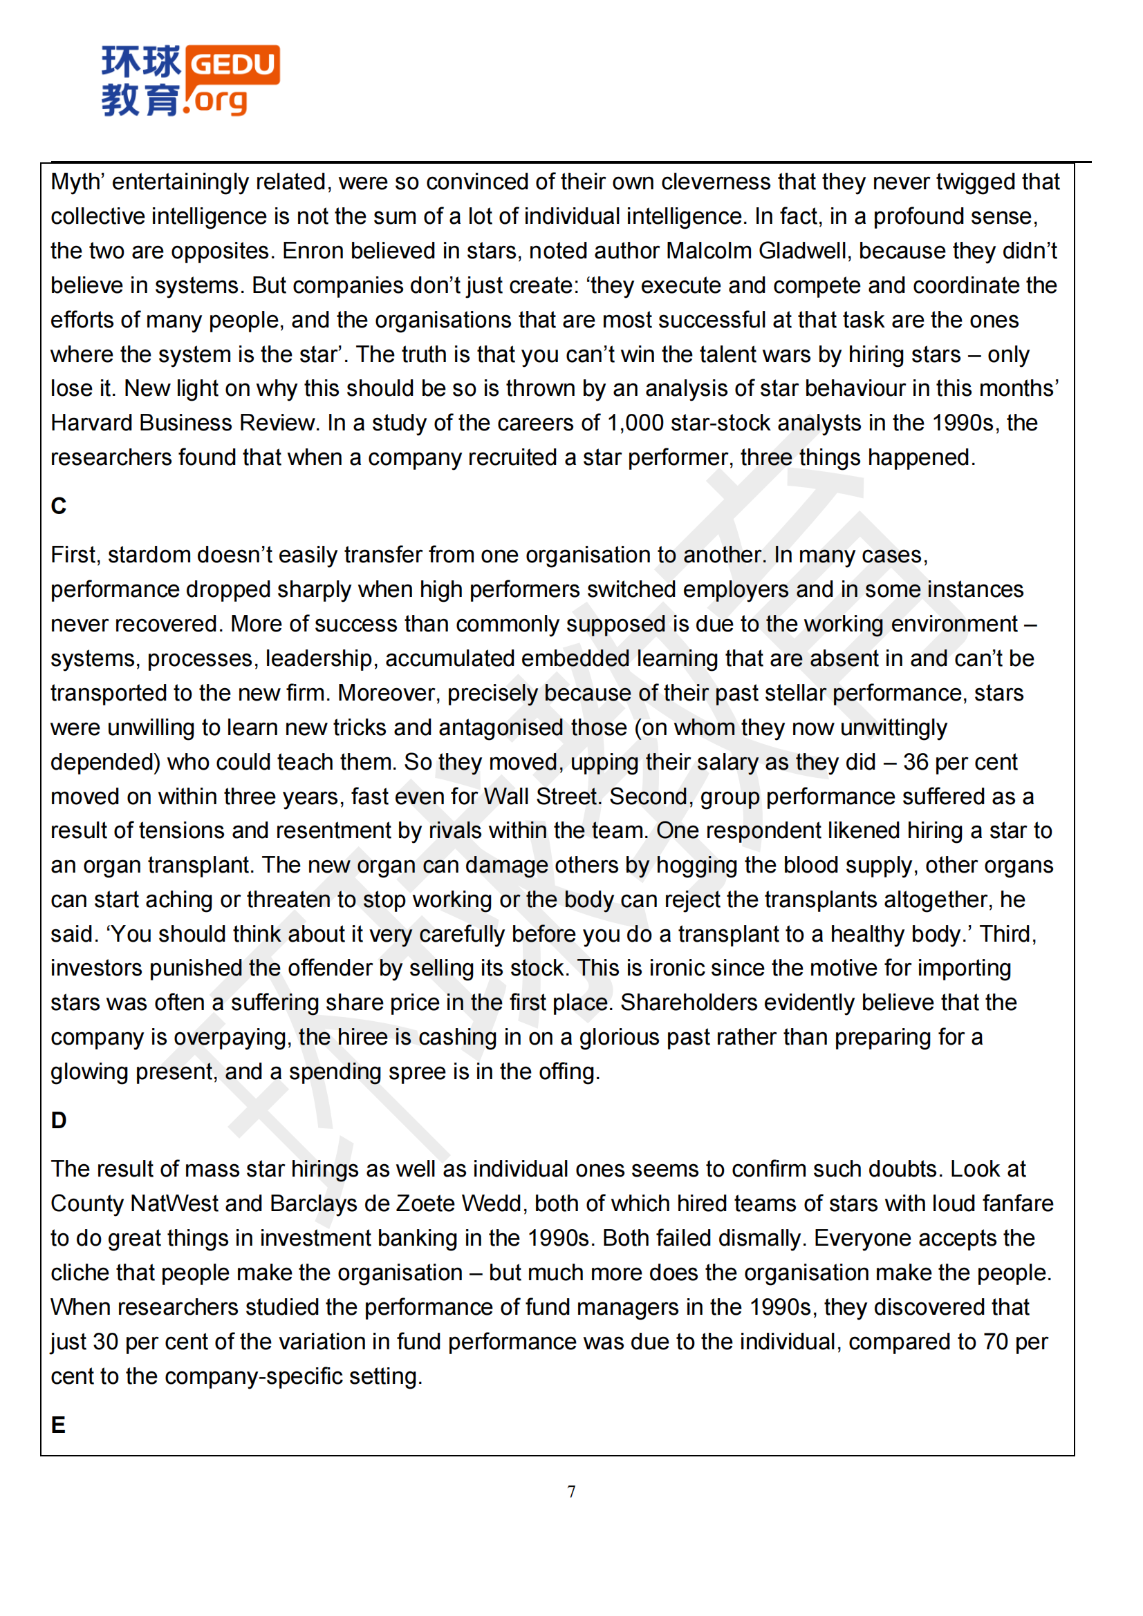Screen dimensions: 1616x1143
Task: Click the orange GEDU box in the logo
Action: coord(232,65)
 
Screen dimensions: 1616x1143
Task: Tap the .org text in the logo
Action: coord(217,101)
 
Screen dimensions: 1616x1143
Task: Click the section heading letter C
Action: coord(59,506)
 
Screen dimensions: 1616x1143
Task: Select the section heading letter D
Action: coord(59,1120)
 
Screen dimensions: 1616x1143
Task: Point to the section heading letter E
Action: coord(58,1425)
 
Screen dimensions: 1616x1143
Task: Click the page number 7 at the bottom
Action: coord(571,1492)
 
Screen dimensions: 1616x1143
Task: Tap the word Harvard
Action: coord(91,423)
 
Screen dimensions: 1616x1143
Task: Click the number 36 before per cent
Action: coord(915,762)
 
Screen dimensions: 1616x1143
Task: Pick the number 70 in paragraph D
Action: coord(996,1342)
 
